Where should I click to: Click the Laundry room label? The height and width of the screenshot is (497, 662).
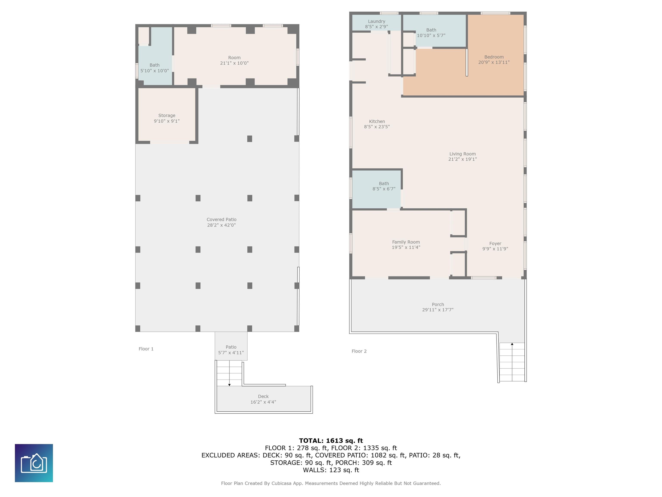coord(376,21)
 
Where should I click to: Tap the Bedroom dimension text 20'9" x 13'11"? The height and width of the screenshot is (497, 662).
coord(494,62)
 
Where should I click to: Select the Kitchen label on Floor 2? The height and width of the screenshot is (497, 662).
coord(377,121)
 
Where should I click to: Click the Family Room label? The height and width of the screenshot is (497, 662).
coord(406,242)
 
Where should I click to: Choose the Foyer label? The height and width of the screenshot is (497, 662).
coord(495,244)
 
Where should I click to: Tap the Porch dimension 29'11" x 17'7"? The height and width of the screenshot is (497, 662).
coord(438,310)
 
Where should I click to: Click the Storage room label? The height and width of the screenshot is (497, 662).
coord(167,115)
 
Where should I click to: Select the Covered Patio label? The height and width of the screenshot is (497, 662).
coord(222,220)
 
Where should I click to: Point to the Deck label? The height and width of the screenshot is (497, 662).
coord(263,396)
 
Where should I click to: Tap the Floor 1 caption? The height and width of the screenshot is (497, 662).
coord(146,349)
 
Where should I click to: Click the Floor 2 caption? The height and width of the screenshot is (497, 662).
coord(359,351)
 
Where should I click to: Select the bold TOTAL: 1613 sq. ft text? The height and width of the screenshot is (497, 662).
coord(331,441)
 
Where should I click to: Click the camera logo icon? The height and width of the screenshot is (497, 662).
coord(34,463)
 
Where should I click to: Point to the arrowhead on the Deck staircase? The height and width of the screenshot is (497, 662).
coord(229,385)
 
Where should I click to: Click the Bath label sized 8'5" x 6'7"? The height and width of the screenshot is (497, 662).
coord(384,184)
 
